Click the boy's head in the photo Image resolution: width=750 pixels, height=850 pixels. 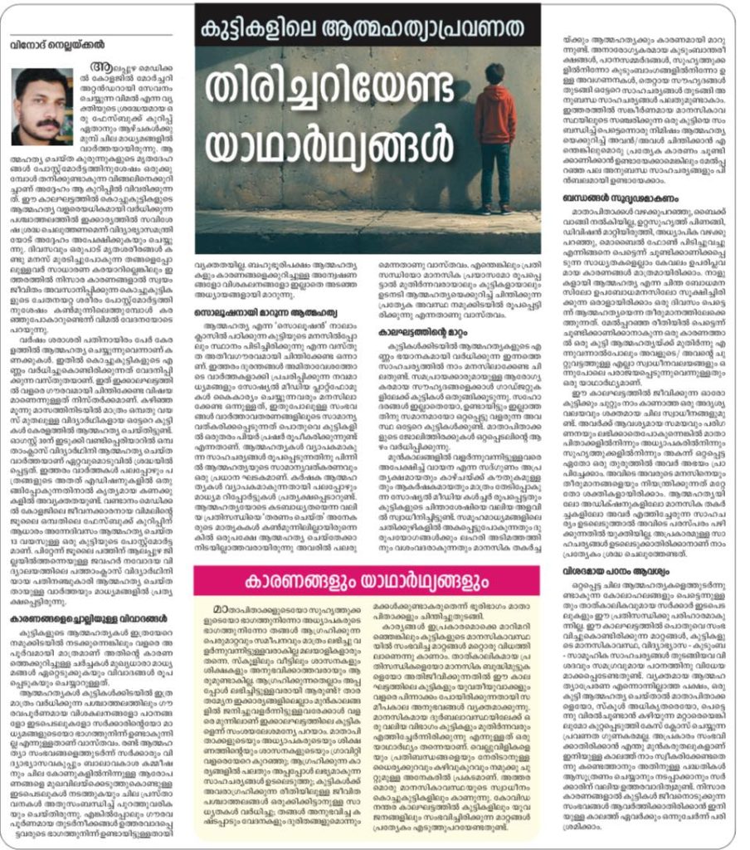pos(495,73)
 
